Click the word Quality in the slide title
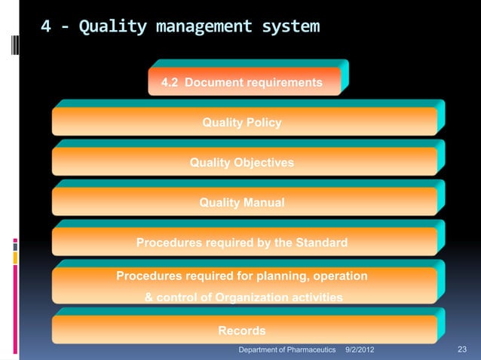pos(112,28)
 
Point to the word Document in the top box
pos(211,81)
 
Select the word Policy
pos(264,122)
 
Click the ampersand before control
pos(149,297)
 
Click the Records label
pos(241,331)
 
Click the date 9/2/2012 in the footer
pos(360,350)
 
